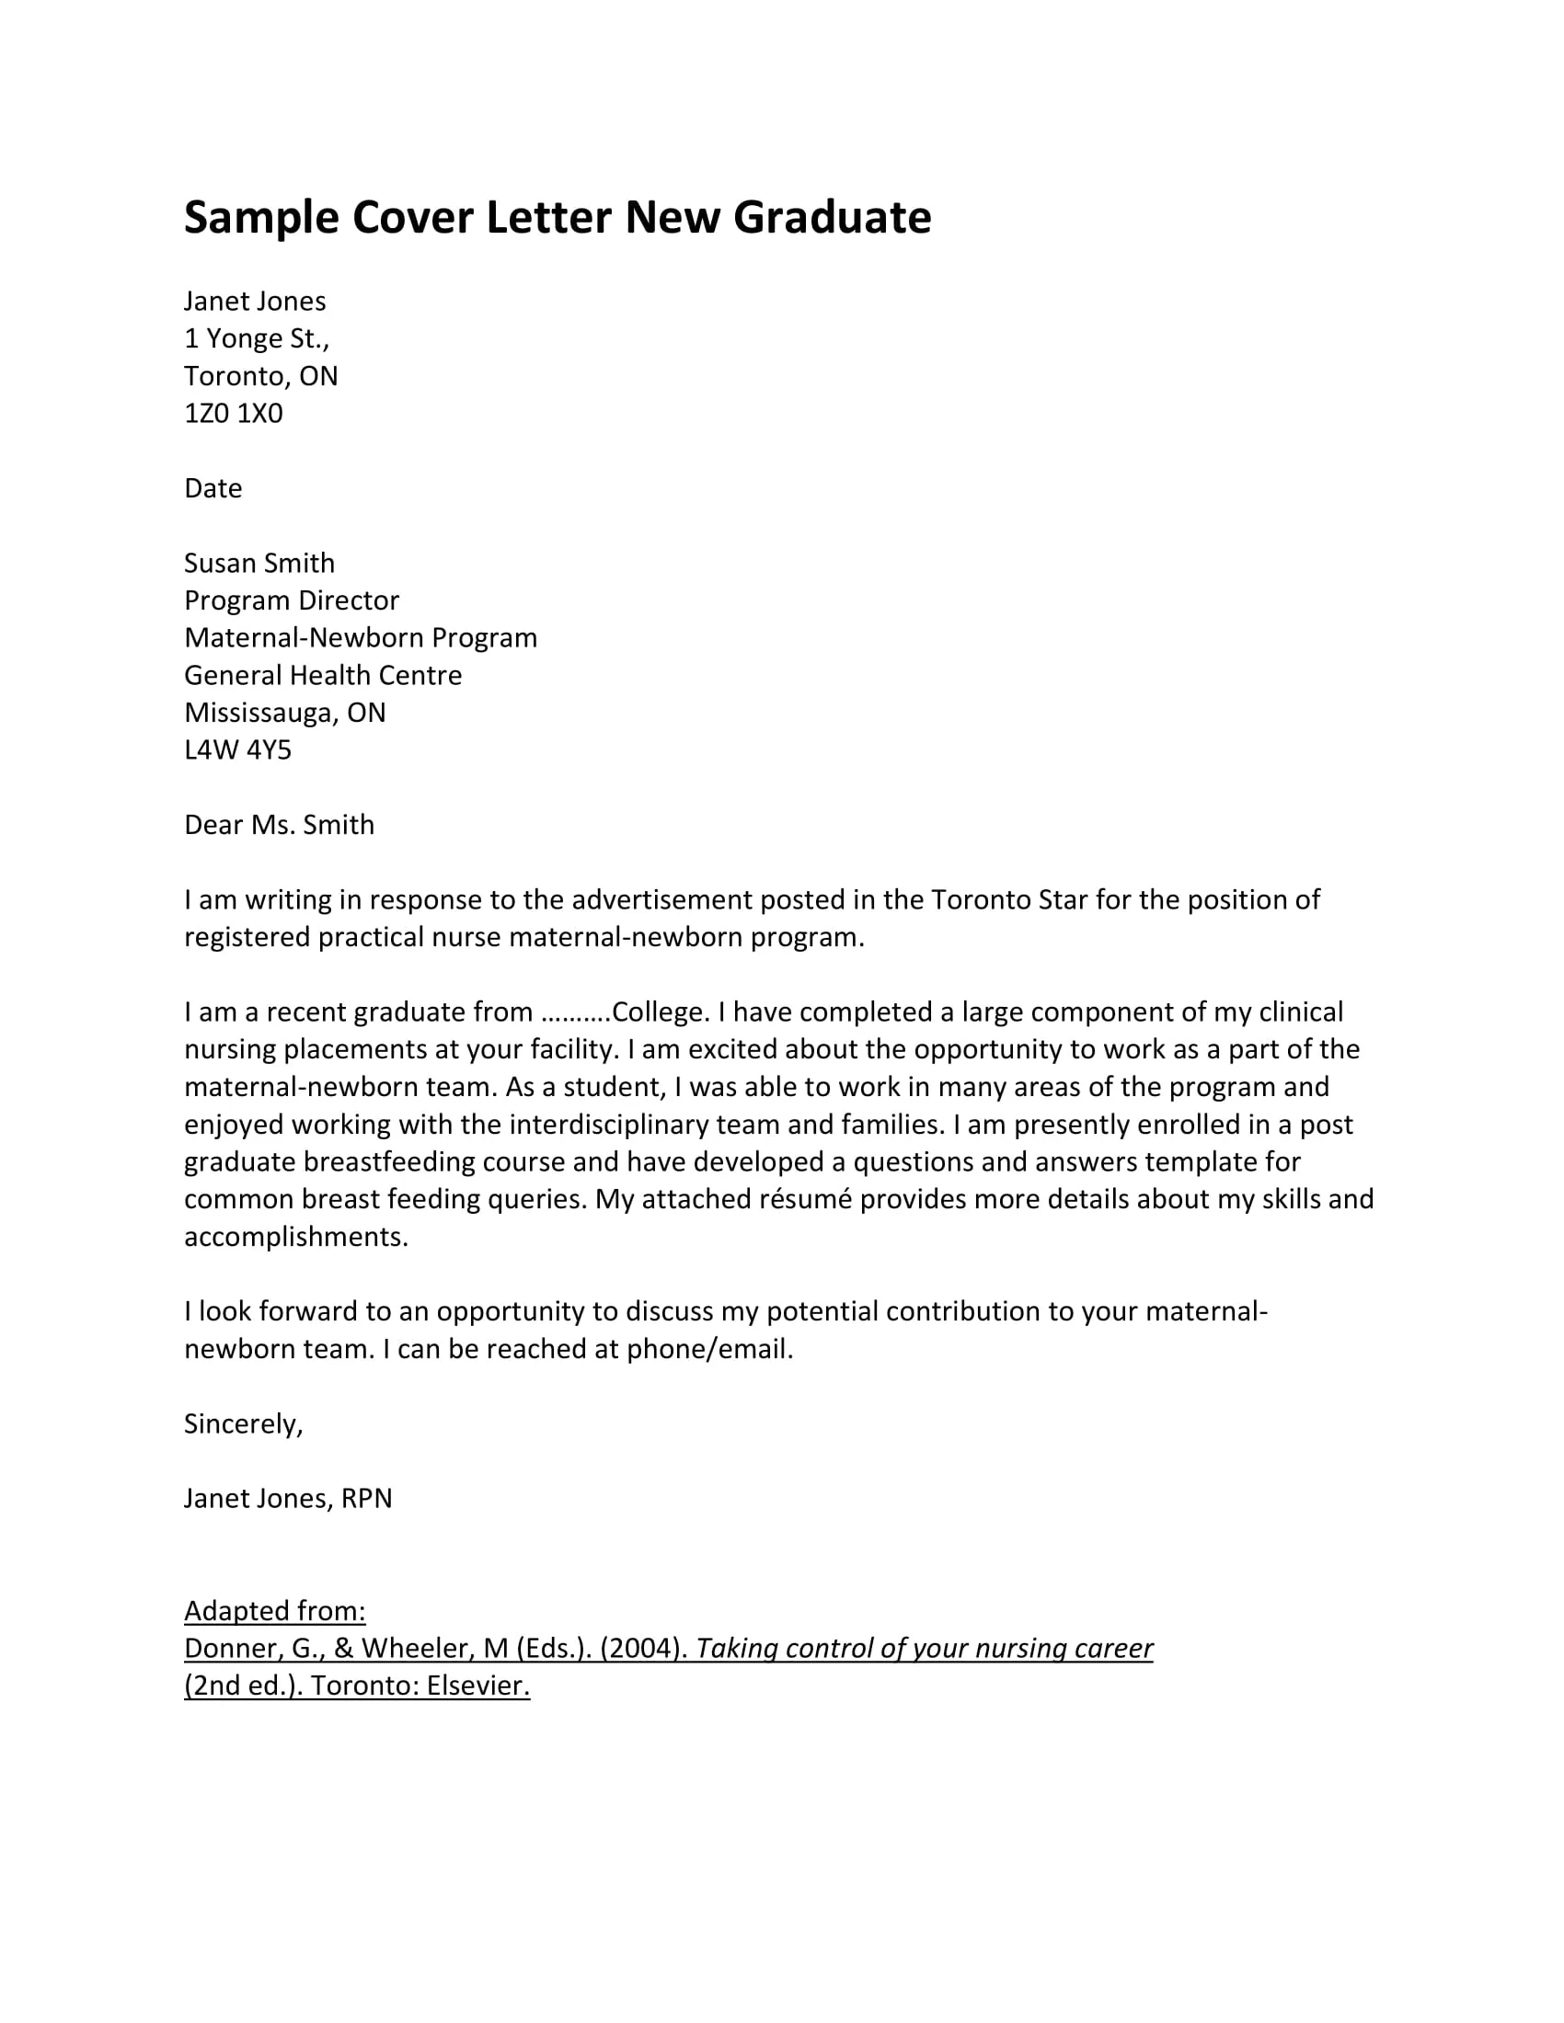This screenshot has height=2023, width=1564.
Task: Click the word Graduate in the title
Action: [x=832, y=219]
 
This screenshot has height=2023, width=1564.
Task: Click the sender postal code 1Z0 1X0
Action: [x=234, y=413]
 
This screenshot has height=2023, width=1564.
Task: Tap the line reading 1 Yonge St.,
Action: [x=257, y=339]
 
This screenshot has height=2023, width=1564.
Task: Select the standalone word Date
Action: [x=213, y=488]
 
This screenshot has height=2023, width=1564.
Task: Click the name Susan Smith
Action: [x=259, y=563]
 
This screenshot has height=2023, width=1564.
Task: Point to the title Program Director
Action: [x=291, y=600]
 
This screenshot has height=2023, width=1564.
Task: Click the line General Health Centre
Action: [x=322, y=675]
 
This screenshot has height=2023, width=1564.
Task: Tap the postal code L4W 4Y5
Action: [x=237, y=749]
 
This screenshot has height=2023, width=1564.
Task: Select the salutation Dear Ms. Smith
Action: [x=279, y=825]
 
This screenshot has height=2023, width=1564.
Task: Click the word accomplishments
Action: [x=295, y=1237]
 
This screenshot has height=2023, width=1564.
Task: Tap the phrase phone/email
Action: [x=708, y=1349]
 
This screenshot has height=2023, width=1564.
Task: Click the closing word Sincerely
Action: [x=243, y=1423]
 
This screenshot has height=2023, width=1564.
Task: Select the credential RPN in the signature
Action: [x=367, y=1498]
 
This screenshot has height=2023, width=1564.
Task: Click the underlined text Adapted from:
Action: [x=274, y=1611]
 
